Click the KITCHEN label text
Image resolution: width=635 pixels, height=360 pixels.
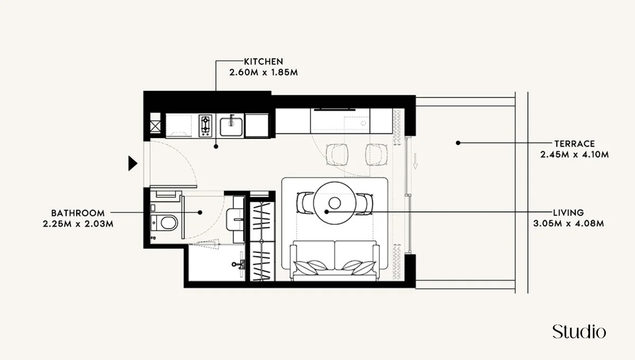pos(264,61)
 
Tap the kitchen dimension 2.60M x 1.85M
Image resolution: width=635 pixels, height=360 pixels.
pos(264,72)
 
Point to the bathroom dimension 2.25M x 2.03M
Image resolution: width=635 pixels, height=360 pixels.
pos(78,223)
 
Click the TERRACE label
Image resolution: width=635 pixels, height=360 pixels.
pos(575,143)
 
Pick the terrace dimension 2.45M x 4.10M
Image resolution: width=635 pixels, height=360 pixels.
pos(575,155)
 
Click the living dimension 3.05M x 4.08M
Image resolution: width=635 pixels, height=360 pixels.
pos(569,223)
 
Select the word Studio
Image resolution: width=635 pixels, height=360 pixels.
pos(579,332)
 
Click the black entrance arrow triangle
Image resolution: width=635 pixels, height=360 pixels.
pos(133,164)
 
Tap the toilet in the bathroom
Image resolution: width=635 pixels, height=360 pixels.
pos(166,223)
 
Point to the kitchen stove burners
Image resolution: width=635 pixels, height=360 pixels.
pos(205,126)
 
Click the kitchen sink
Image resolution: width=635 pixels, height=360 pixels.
pos(231,126)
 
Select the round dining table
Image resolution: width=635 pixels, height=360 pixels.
pos(334,203)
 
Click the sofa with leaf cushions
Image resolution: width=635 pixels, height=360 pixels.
pos(334,260)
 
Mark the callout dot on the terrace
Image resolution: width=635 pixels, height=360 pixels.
pos(458,143)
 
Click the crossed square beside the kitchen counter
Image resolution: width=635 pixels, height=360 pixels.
pos(156,126)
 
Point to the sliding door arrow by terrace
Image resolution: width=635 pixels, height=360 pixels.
pos(416,160)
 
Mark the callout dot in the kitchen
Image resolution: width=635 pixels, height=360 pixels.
pos(216,146)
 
